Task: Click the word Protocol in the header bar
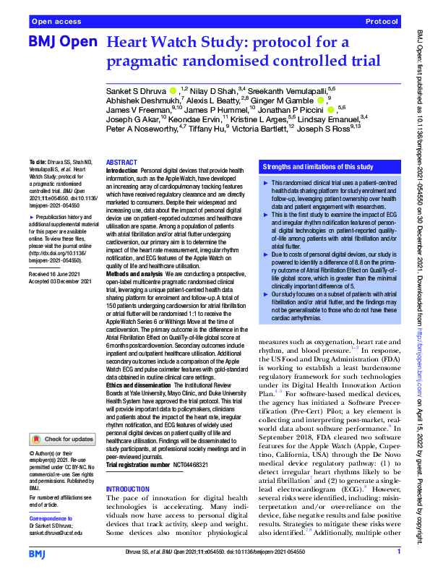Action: click(382, 22)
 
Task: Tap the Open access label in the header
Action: click(56, 22)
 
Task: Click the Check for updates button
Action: click(63, 439)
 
